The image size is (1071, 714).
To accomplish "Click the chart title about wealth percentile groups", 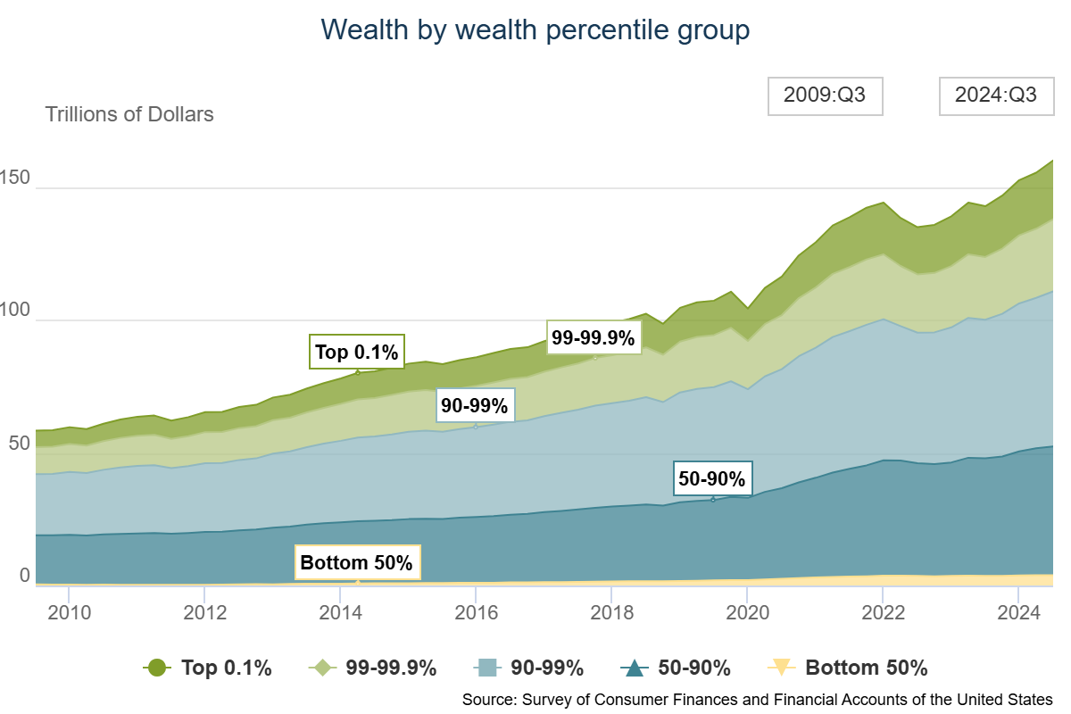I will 535,30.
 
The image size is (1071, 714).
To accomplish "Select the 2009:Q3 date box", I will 825,96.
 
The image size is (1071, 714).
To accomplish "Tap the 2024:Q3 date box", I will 995,96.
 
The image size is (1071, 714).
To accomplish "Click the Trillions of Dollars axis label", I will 129,114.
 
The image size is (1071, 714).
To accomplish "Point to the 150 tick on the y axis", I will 15,178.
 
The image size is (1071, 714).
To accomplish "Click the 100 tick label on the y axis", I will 15,311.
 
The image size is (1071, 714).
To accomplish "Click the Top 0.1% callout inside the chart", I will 357,352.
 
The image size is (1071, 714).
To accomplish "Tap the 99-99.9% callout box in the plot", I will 594,337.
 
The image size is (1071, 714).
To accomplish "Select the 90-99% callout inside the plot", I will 474,406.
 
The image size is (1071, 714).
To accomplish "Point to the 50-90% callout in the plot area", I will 711,478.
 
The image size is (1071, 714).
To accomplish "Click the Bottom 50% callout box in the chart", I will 356,563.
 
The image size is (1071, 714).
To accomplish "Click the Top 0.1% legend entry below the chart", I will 207,668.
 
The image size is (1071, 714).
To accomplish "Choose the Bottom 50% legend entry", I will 848,668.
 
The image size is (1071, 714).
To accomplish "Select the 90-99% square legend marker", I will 488,668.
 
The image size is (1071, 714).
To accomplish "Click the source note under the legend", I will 757,699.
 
